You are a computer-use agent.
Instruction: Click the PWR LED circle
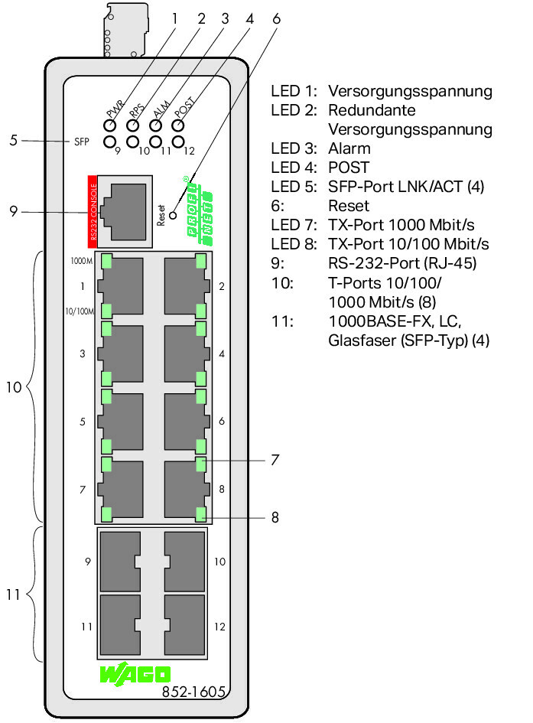pos(110,122)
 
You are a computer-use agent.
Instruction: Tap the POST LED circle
pos(180,122)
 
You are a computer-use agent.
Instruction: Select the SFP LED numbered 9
pos(110,142)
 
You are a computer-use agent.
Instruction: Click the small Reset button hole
pos(174,216)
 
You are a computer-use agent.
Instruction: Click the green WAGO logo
pos(135,674)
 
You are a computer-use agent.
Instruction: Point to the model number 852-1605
pos(193,692)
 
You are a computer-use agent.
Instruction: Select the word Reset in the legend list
pos(348,206)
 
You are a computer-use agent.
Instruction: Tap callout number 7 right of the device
pos(274,461)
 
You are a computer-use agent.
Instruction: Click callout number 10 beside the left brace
pos(14,387)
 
